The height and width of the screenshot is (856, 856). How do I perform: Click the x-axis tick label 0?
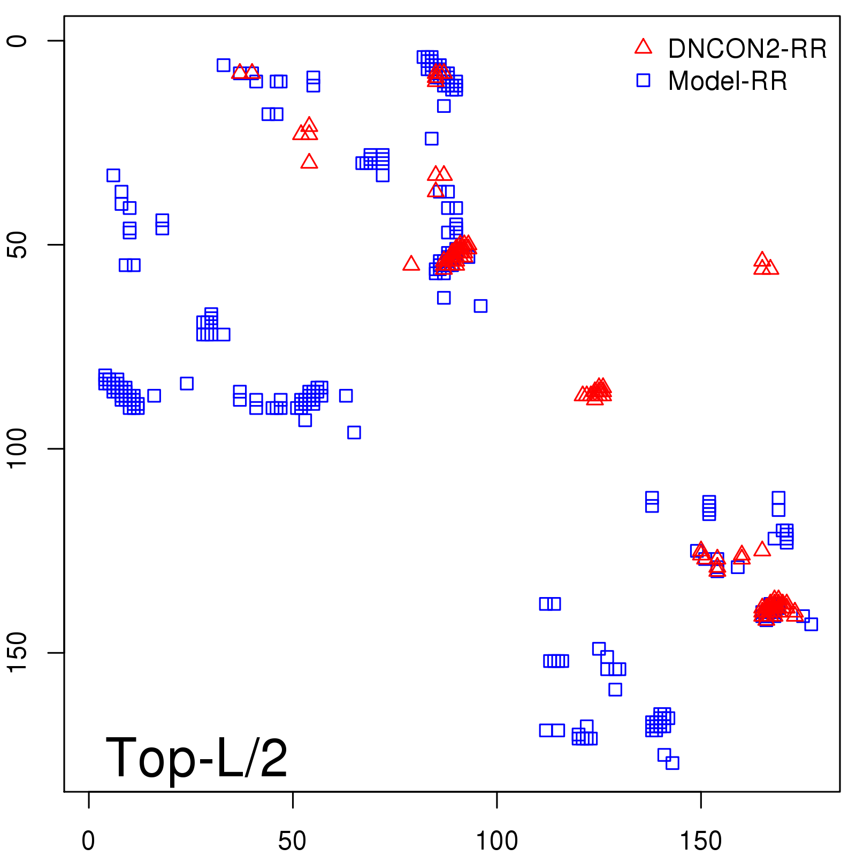(x=88, y=841)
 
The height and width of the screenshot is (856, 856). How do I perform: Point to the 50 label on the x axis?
(x=292, y=841)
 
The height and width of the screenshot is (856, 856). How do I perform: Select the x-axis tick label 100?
(x=496, y=841)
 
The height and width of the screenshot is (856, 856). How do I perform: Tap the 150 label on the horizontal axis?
(x=700, y=841)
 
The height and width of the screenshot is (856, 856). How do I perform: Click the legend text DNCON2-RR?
(x=747, y=49)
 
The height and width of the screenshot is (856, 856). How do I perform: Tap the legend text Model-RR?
(x=727, y=81)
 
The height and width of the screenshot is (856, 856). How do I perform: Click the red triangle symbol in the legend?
(x=643, y=47)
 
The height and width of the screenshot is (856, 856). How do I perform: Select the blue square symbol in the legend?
(x=643, y=80)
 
